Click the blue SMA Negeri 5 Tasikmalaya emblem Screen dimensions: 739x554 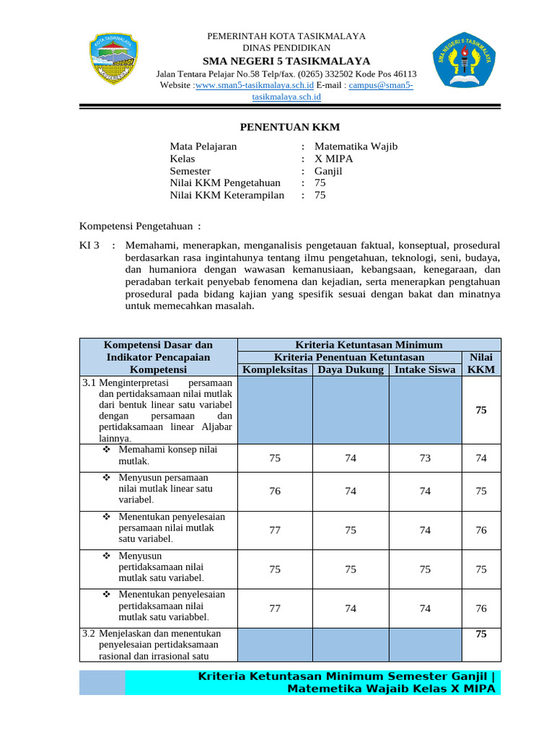pos(466,61)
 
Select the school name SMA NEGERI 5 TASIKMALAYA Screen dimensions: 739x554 pos(286,61)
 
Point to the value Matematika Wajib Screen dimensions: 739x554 pos(356,147)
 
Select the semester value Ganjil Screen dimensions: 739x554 pos(328,171)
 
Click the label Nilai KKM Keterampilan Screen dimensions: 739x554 pos(227,195)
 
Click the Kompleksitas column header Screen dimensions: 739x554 pos(275,369)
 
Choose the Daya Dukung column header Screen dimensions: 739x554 pos(351,369)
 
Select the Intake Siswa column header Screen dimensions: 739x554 pos(425,369)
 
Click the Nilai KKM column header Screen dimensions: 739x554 pos(480,363)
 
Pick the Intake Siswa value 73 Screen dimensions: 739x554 pos(425,458)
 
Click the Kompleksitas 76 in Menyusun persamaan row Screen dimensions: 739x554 pos(275,491)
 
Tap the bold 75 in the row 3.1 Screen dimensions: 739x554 pos(480,410)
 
